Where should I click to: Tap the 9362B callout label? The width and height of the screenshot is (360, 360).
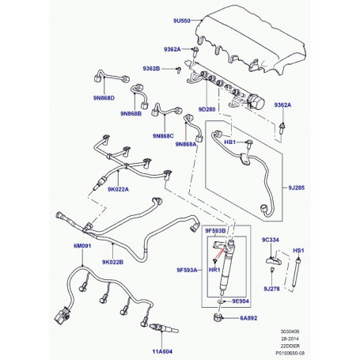click(x=151, y=69)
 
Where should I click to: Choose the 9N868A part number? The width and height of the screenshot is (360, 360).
click(x=188, y=145)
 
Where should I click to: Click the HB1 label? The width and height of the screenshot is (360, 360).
click(x=230, y=143)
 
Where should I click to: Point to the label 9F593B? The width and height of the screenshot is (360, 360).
click(x=216, y=230)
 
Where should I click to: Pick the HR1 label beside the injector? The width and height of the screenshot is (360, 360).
click(x=213, y=270)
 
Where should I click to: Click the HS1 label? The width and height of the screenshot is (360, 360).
click(x=299, y=250)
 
